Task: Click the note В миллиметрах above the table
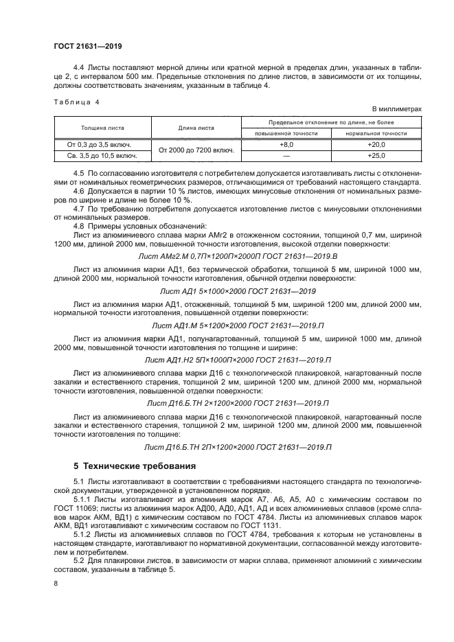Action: click(396, 110)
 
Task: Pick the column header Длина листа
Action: click(196, 127)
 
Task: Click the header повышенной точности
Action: click(286, 133)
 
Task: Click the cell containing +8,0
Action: click(286, 145)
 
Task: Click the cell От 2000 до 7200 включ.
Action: click(196, 150)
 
